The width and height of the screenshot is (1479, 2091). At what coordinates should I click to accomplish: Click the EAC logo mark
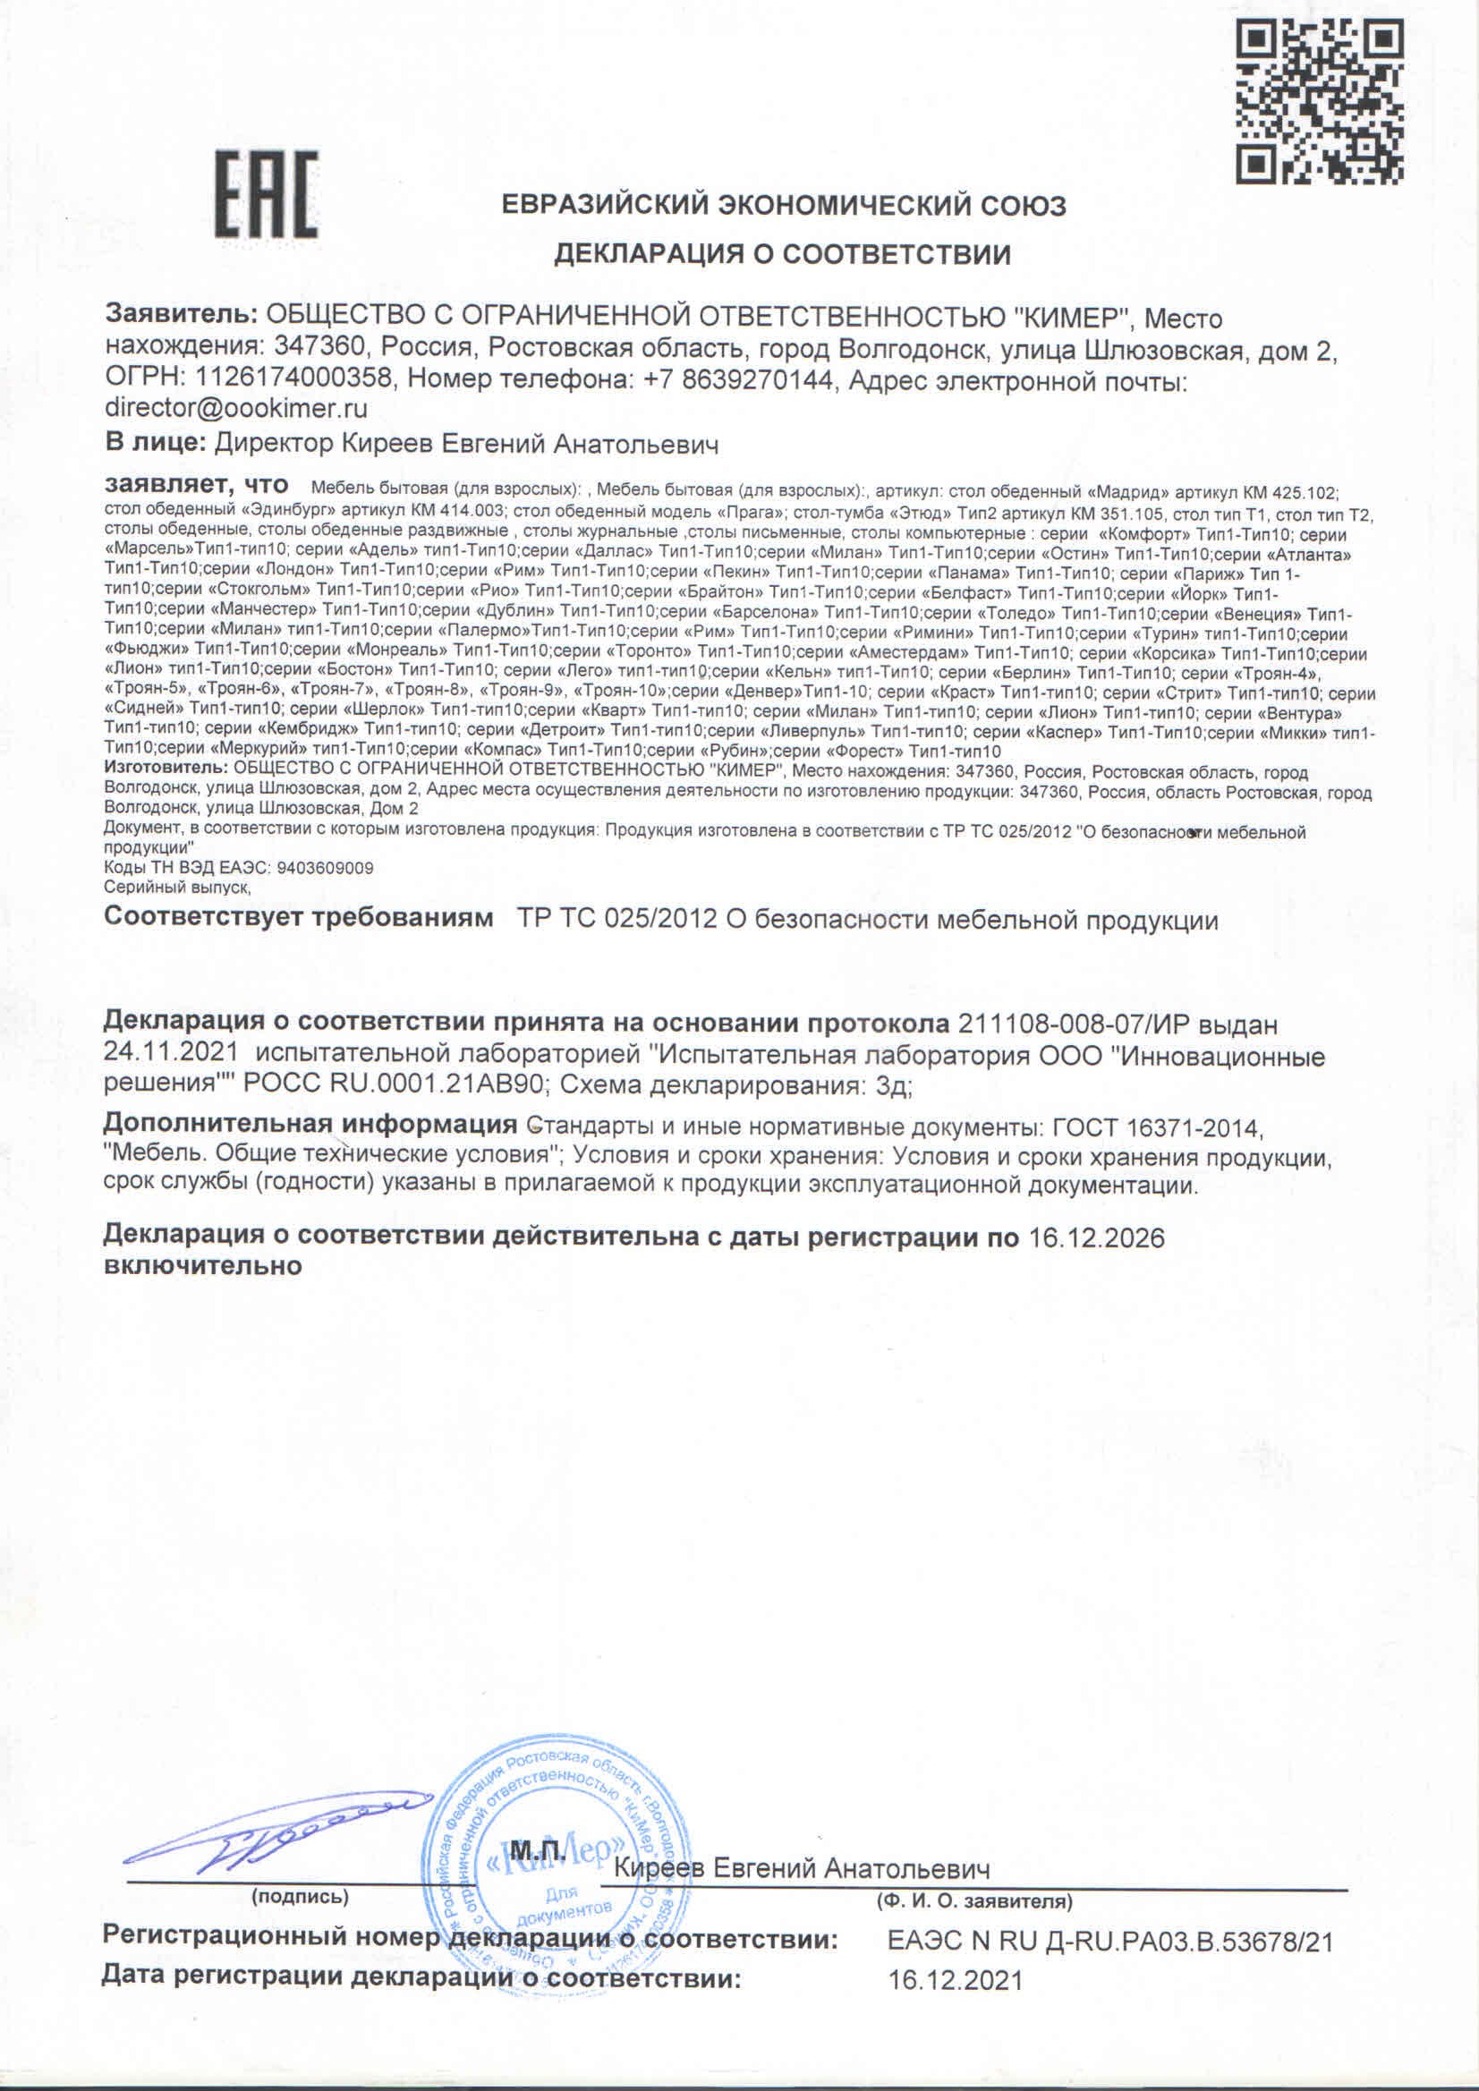(x=266, y=195)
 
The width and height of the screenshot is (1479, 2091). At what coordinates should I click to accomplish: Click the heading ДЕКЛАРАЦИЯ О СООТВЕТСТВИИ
(x=782, y=254)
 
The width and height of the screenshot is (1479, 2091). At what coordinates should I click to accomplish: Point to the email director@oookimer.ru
(x=236, y=407)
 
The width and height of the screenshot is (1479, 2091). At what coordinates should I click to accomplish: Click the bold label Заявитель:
(x=182, y=318)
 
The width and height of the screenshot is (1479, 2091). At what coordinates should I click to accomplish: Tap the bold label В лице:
(x=155, y=444)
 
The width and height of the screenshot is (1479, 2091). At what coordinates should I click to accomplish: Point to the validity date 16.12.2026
(x=1097, y=1237)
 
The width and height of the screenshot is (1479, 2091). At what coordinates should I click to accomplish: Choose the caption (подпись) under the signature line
(x=300, y=1897)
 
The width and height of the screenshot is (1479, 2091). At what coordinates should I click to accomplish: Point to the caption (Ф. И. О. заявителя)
(x=973, y=1901)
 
